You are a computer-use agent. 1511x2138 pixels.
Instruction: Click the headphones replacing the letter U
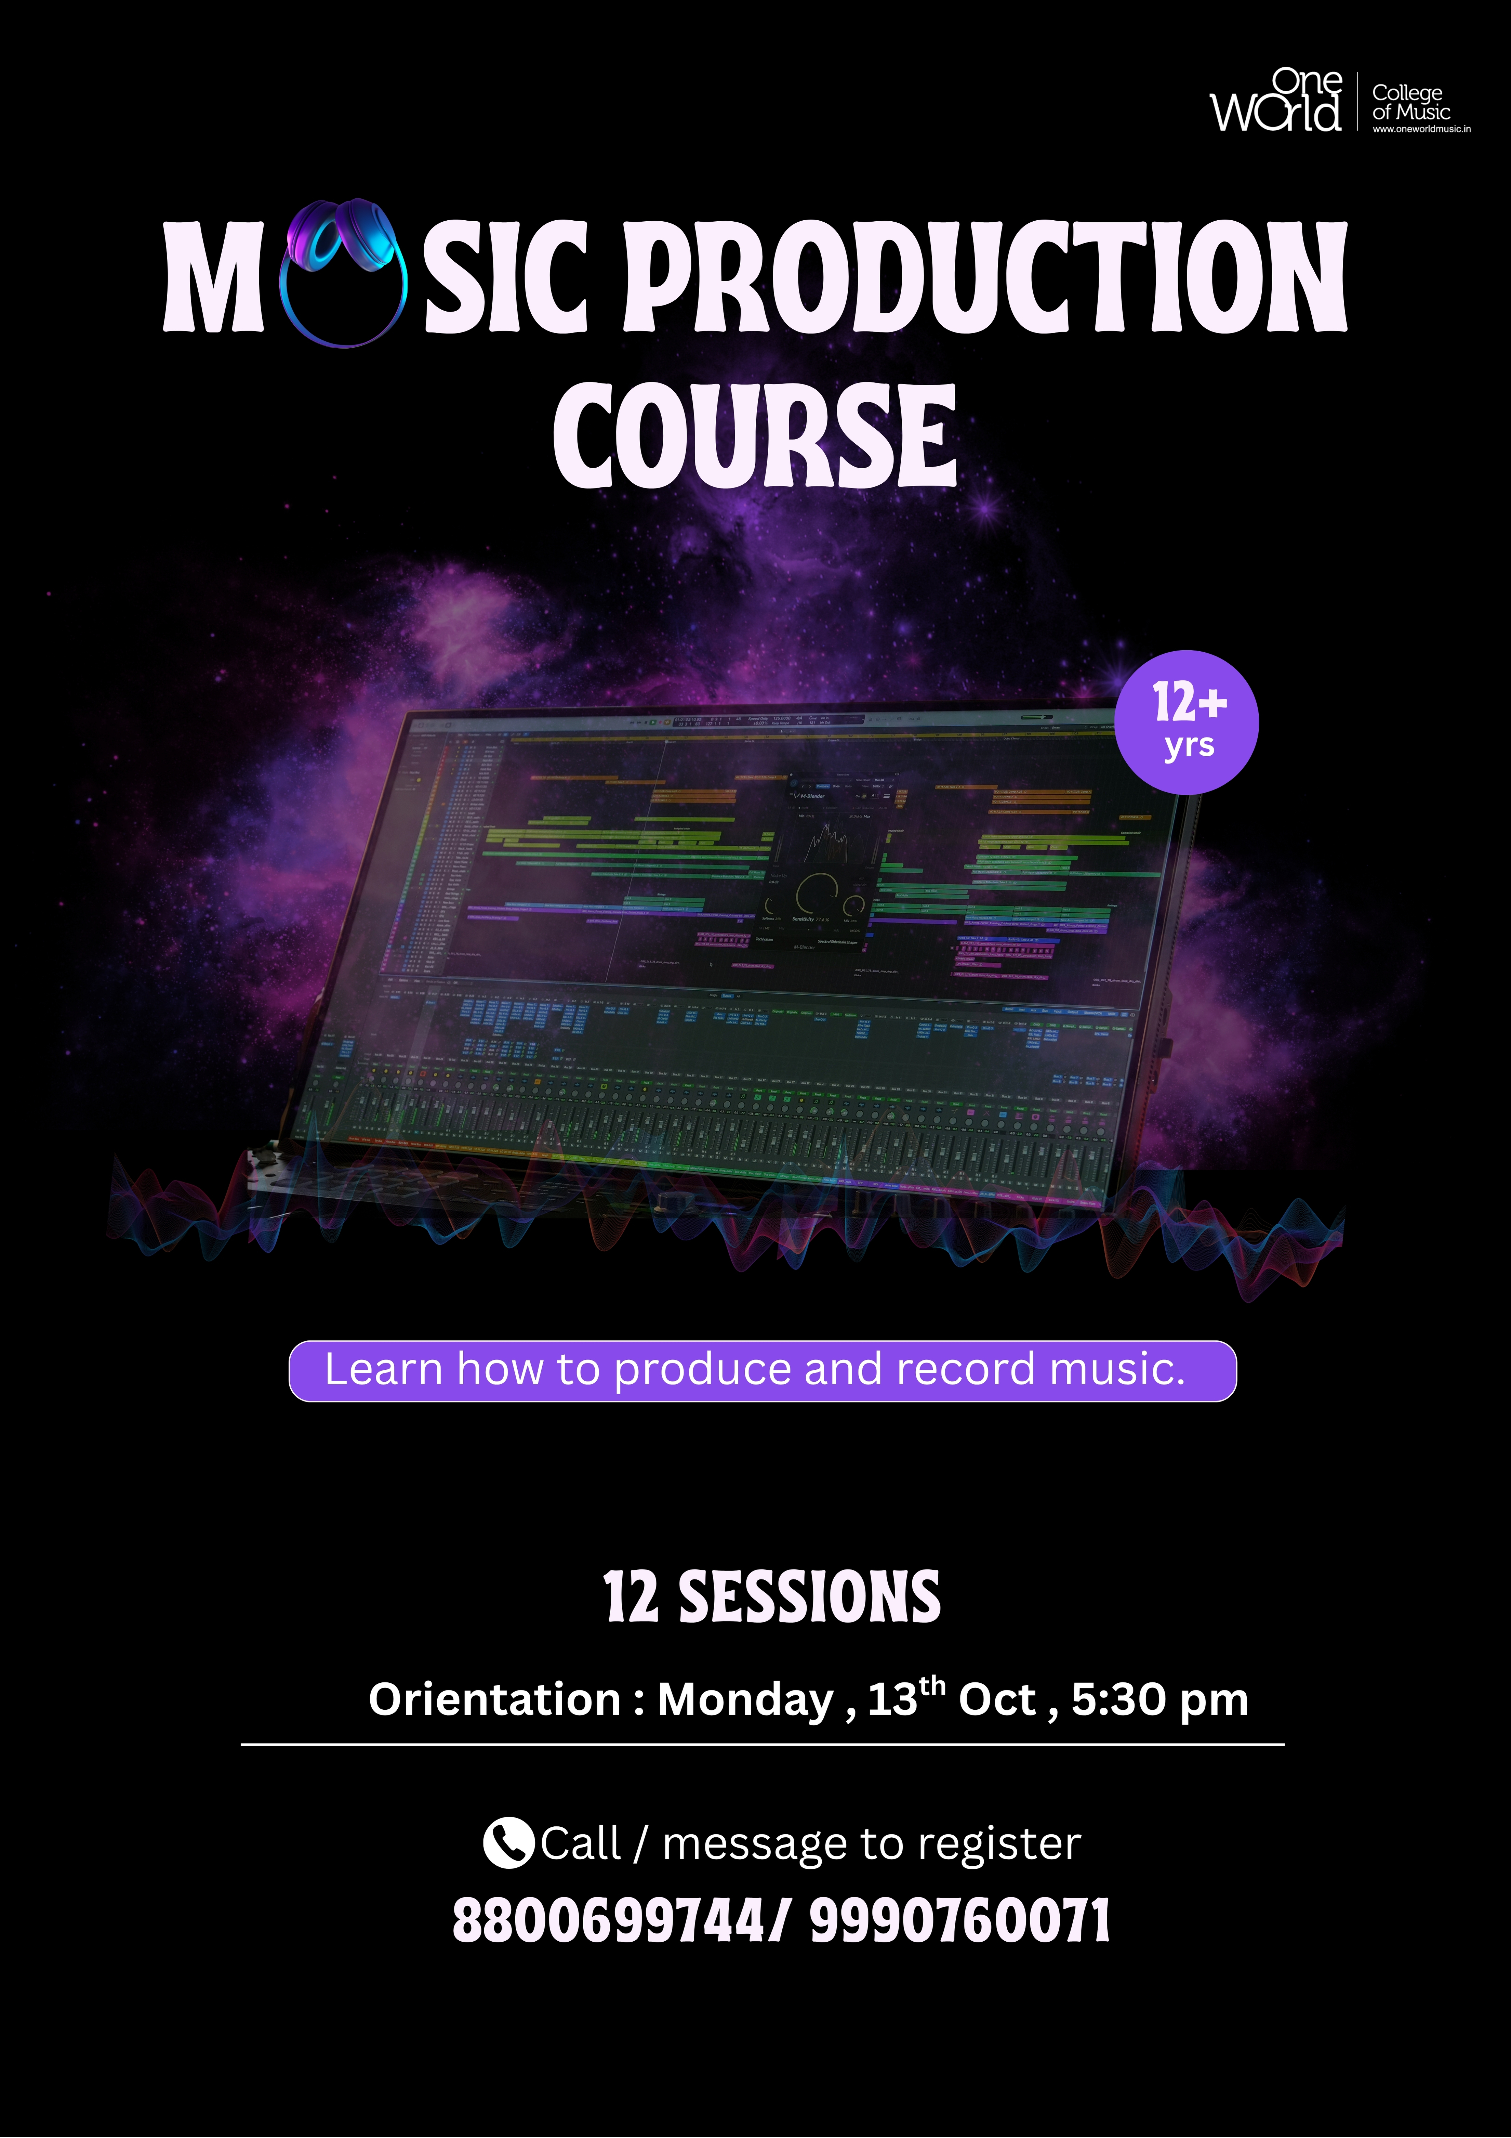[x=344, y=272]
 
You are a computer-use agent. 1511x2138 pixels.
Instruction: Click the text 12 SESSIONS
[x=772, y=1598]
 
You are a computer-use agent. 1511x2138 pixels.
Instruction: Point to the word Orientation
[x=494, y=1699]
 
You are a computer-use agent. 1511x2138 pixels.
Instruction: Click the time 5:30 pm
[x=1159, y=1699]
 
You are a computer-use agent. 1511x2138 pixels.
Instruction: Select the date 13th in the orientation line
[x=906, y=1697]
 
